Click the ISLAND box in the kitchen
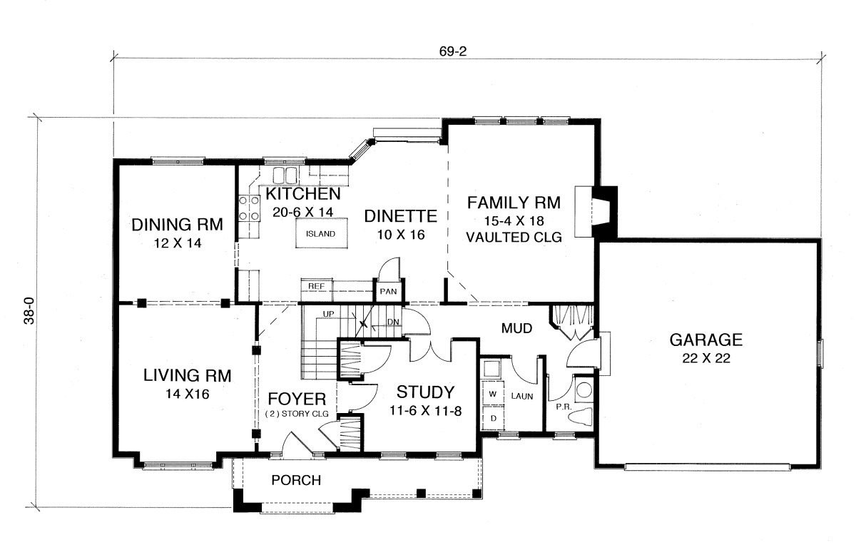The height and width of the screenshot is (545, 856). (322, 233)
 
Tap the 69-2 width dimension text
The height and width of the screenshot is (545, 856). (453, 51)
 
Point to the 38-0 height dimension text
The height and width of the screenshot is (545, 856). (29, 311)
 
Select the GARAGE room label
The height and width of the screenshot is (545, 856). (705, 340)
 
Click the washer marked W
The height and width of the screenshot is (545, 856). (493, 394)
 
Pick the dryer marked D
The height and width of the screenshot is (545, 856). (493, 418)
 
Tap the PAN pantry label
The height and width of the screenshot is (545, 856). (388, 291)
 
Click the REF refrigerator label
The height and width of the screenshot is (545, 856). (317, 286)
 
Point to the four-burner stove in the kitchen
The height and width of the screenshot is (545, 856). (249, 208)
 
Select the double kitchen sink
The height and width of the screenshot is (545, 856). (285, 175)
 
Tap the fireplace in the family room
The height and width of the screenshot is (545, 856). (596, 211)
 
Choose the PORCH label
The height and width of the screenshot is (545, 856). (296, 480)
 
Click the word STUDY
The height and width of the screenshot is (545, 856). (425, 392)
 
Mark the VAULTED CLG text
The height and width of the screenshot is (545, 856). (514, 238)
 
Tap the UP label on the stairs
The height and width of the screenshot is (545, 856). (328, 314)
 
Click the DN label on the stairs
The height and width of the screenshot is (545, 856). (393, 322)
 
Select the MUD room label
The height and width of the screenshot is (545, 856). (516, 328)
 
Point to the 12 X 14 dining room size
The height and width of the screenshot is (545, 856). (178, 243)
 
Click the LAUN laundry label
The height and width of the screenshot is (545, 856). (522, 397)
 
